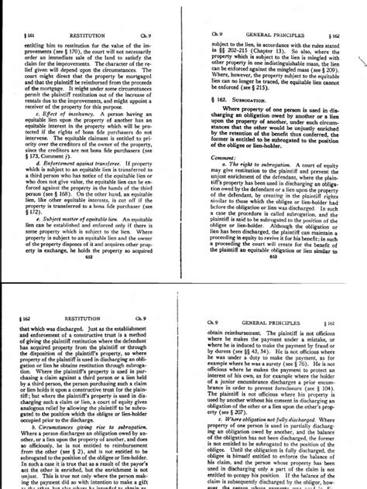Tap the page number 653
pos(273,237)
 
